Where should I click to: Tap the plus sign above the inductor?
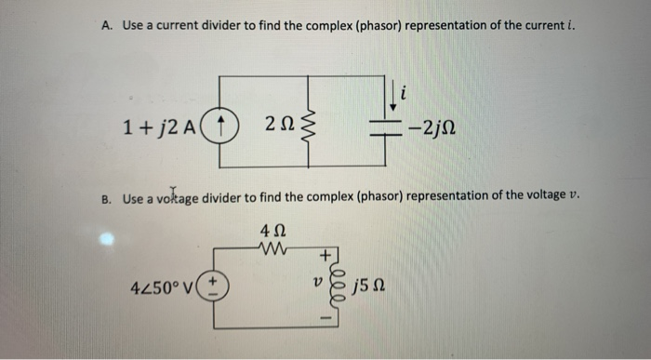coord(324,254)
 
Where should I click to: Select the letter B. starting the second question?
coord(106,197)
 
